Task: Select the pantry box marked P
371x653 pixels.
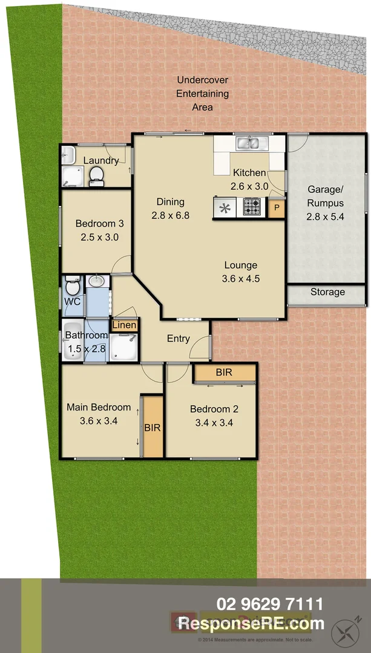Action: pos(277,208)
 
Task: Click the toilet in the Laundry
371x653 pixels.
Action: pos(96,176)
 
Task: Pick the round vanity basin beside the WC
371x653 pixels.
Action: pos(96,281)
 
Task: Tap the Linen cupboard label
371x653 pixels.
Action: pos(125,325)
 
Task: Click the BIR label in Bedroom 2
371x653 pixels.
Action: pos(224,372)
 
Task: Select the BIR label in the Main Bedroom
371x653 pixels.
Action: pos(153,427)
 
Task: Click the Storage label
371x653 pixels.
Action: pos(327,292)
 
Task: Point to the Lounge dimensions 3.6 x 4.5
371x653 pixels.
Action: pos(241,279)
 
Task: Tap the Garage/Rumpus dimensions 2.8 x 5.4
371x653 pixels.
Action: pos(325,217)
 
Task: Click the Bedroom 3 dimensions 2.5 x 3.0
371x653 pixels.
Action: pos(99,237)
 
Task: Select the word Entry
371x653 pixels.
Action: pos(179,339)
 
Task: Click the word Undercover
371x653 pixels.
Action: pos(203,80)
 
